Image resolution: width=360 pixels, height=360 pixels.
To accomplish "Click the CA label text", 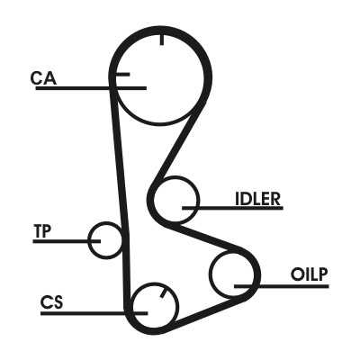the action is pyautogui.click(x=43, y=77).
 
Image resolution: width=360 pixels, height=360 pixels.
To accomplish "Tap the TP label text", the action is pyautogui.click(x=42, y=231).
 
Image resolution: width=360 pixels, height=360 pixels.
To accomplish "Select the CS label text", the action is pyautogui.click(x=52, y=302).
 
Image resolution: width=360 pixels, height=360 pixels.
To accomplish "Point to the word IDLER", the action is pyautogui.click(x=257, y=199).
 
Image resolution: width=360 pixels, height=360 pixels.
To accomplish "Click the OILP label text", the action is pyautogui.click(x=309, y=274).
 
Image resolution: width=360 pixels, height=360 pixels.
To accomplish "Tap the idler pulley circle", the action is pyautogui.click(x=198, y=200).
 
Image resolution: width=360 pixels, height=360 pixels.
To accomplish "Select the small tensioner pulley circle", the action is pyautogui.click(x=89, y=240).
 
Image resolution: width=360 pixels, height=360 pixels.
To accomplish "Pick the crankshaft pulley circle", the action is pyautogui.click(x=177, y=306).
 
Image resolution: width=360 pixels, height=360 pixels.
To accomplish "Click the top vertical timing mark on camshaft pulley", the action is pyautogui.click(x=162, y=40).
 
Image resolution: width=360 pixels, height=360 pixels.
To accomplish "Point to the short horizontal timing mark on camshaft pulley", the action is pyautogui.click(x=123, y=74).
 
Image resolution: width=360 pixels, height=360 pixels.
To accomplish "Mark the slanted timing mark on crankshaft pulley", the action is pyautogui.click(x=164, y=292).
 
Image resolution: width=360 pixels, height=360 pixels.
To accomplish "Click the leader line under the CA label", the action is pyautogui.click(x=91, y=88).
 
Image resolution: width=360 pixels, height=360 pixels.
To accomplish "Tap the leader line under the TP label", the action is pyautogui.click(x=67, y=241).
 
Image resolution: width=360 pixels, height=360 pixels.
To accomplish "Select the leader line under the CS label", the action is pyautogui.click(x=94, y=313).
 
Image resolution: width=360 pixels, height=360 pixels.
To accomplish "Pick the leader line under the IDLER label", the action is pyautogui.click(x=232, y=208).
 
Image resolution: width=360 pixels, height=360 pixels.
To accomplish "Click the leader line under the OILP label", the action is pyautogui.click(x=282, y=286).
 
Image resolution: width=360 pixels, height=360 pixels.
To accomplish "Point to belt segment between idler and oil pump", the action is pyautogui.click(x=210, y=238).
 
